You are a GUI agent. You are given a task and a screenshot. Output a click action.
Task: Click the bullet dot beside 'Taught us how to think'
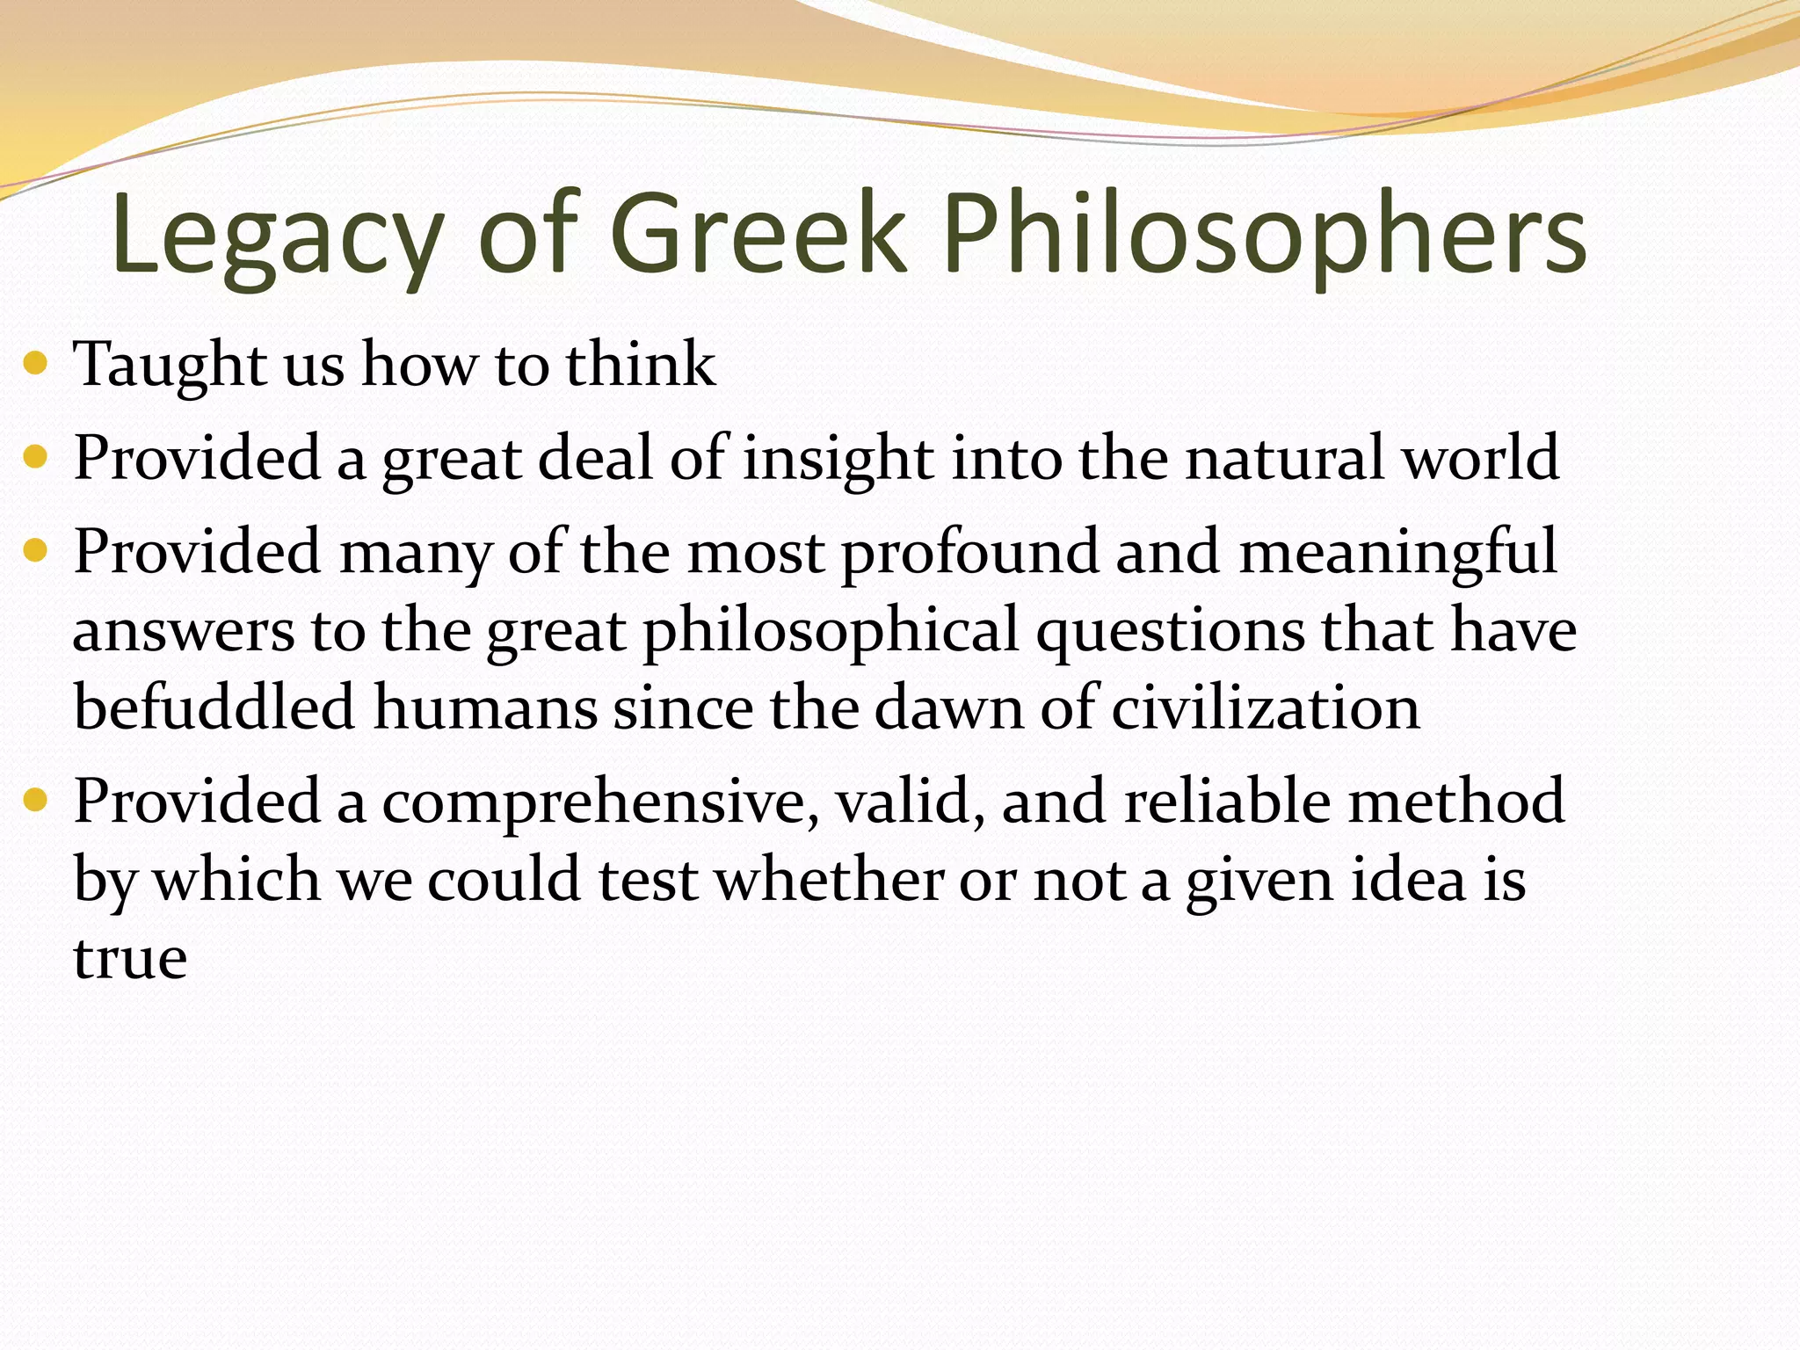[x=35, y=362]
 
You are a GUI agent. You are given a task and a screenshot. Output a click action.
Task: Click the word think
[x=641, y=364]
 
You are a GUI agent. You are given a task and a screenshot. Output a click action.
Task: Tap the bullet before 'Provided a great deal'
[x=35, y=457]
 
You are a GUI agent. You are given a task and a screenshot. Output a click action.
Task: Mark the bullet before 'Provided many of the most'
[x=35, y=551]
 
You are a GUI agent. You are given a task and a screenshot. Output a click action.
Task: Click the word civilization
[x=1265, y=708]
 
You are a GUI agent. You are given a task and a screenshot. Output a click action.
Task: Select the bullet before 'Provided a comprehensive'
[x=35, y=801]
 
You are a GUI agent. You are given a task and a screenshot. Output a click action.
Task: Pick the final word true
[x=130, y=958]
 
